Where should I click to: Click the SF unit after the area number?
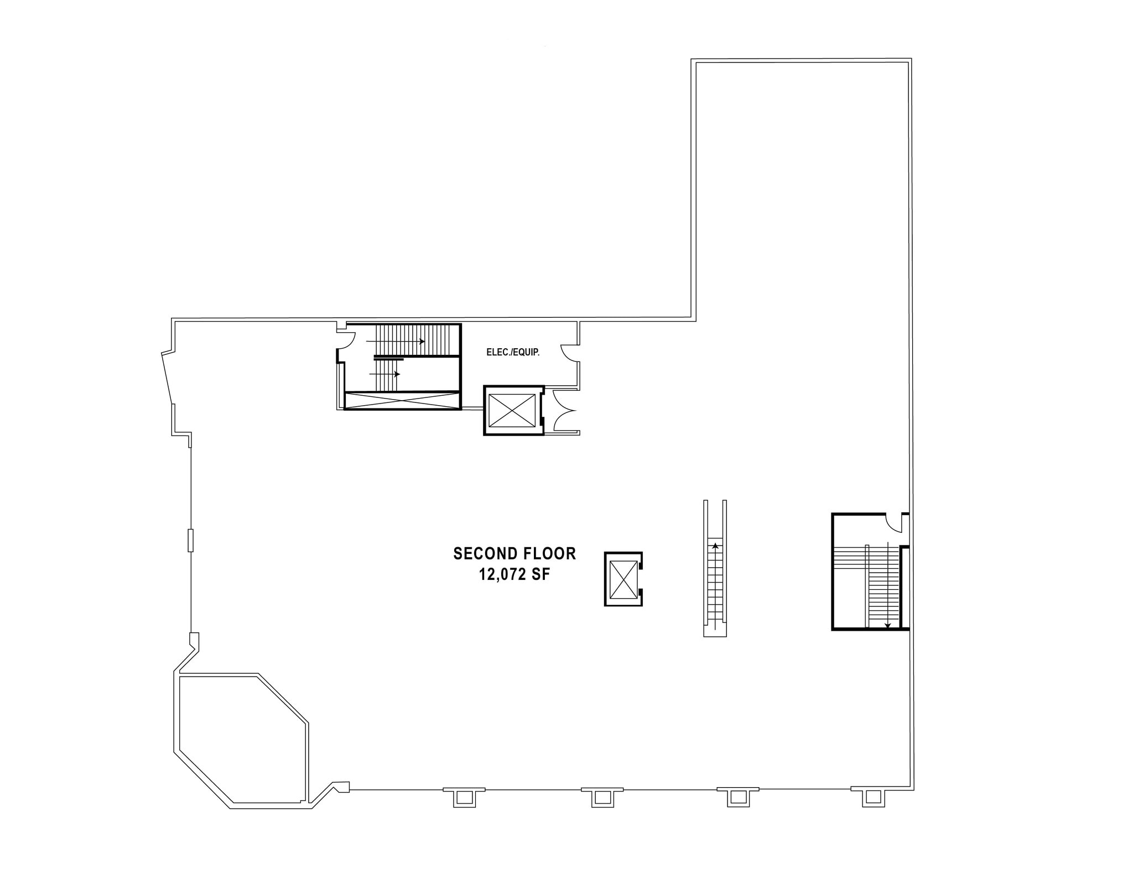pyautogui.click(x=540, y=575)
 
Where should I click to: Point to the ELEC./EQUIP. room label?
pyautogui.click(x=512, y=352)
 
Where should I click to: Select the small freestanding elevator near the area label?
pyautogui.click(x=623, y=579)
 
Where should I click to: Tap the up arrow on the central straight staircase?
pyautogui.click(x=715, y=547)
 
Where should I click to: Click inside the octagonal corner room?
pyautogui.click(x=241, y=738)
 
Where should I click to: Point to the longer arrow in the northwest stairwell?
pyautogui.click(x=395, y=342)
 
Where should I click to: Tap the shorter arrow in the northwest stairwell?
pyautogui.click(x=384, y=374)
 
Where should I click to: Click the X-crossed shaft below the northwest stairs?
pyautogui.click(x=402, y=401)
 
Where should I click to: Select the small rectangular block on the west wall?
pyautogui.click(x=191, y=540)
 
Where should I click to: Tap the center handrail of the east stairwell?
pyautogui.click(x=867, y=586)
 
